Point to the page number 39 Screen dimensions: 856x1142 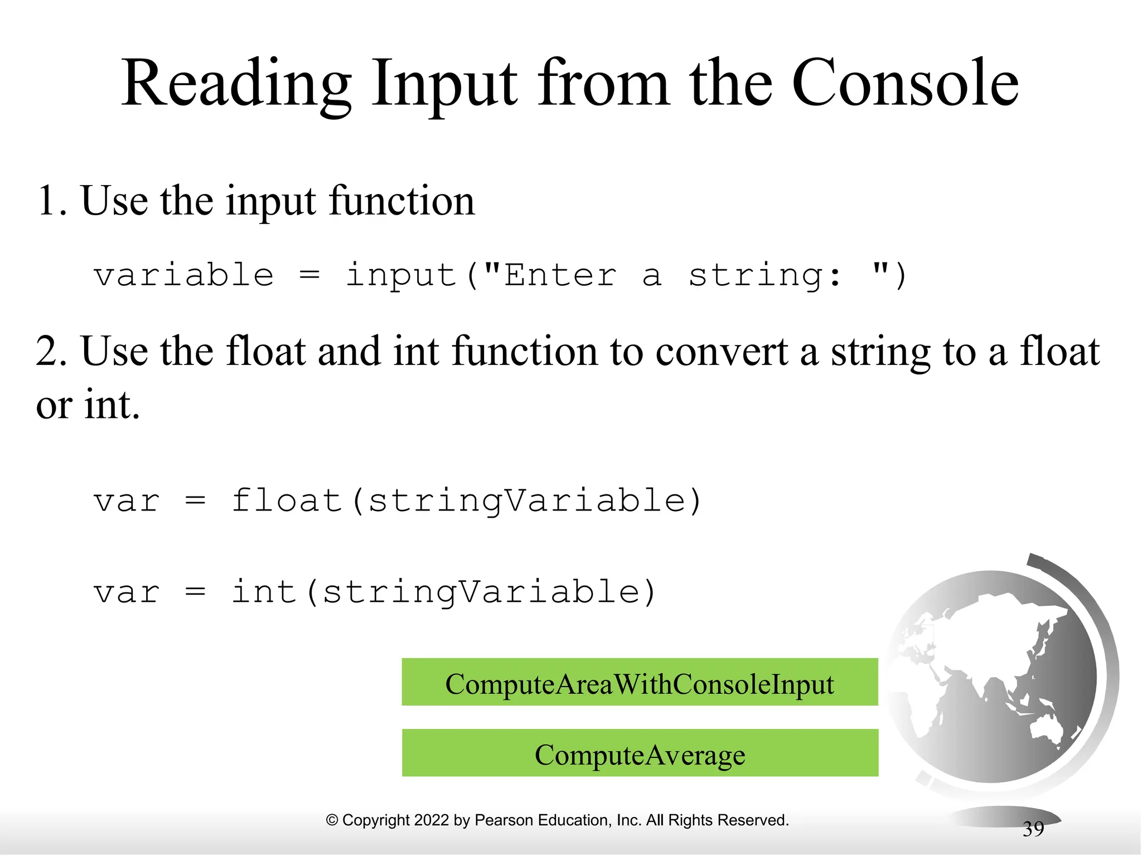(1033, 829)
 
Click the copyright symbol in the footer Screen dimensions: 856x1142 (332, 820)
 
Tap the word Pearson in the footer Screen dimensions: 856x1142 (500, 820)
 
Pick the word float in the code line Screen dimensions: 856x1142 (286, 500)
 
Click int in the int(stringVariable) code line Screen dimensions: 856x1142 (263, 592)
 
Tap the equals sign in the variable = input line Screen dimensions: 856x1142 (309, 275)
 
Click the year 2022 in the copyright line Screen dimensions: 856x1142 (432, 820)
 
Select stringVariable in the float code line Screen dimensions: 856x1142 (527, 500)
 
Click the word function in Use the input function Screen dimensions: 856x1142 (401, 201)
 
